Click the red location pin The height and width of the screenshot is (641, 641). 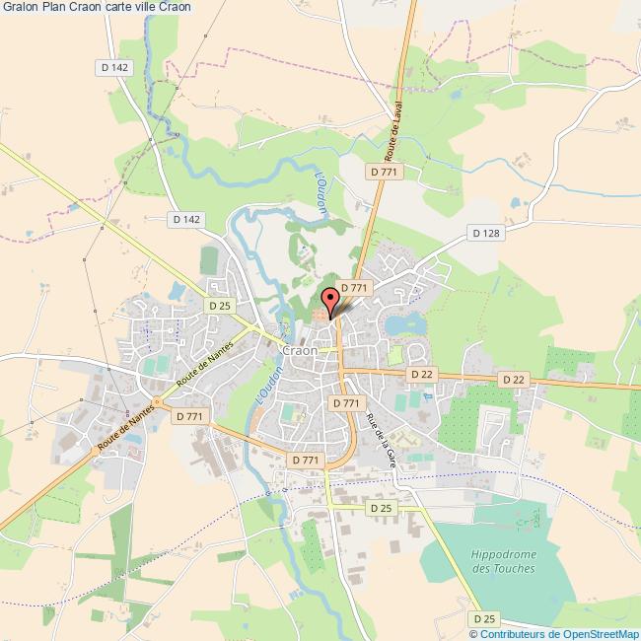(x=330, y=300)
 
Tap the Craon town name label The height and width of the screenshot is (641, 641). (x=299, y=350)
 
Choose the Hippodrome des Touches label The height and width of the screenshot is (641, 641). (x=503, y=562)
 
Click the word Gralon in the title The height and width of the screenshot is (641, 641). (x=20, y=8)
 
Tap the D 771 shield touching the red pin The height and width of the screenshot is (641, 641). (x=352, y=287)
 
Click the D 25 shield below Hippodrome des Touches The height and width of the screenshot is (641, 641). (x=484, y=618)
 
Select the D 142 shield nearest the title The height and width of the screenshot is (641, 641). (x=115, y=66)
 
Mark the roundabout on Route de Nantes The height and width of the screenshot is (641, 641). (x=155, y=401)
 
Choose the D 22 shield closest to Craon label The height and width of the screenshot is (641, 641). (x=421, y=374)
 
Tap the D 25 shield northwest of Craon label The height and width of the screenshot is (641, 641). (x=219, y=306)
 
